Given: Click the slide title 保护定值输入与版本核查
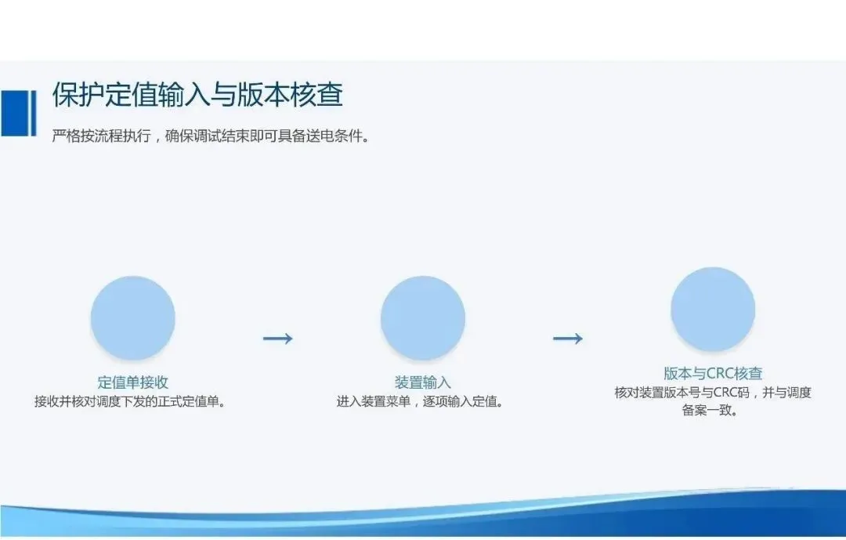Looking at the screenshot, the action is pyautogui.click(x=197, y=95).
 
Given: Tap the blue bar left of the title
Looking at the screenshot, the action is pyautogui.click(x=18, y=113).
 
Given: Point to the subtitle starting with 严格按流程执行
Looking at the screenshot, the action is pyautogui.click(x=211, y=136).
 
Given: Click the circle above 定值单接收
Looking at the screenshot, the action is pyautogui.click(x=132, y=318).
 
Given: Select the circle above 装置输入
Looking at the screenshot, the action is pyautogui.click(x=423, y=318).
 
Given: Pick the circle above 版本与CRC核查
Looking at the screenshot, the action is pyautogui.click(x=713, y=309).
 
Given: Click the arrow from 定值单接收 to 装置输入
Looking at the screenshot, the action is pyautogui.click(x=278, y=339).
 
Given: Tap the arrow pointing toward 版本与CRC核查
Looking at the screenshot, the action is pyautogui.click(x=568, y=339).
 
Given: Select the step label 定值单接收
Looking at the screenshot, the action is pyautogui.click(x=132, y=382).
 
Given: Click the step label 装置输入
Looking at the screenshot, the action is pyautogui.click(x=422, y=382).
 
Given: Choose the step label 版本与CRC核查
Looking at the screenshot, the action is pyautogui.click(x=713, y=373).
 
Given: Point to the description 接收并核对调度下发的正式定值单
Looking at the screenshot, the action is pyautogui.click(x=129, y=401).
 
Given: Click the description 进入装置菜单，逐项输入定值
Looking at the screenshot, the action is pyautogui.click(x=420, y=401).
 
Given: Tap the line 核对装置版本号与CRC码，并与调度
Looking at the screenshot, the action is pyautogui.click(x=713, y=393).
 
